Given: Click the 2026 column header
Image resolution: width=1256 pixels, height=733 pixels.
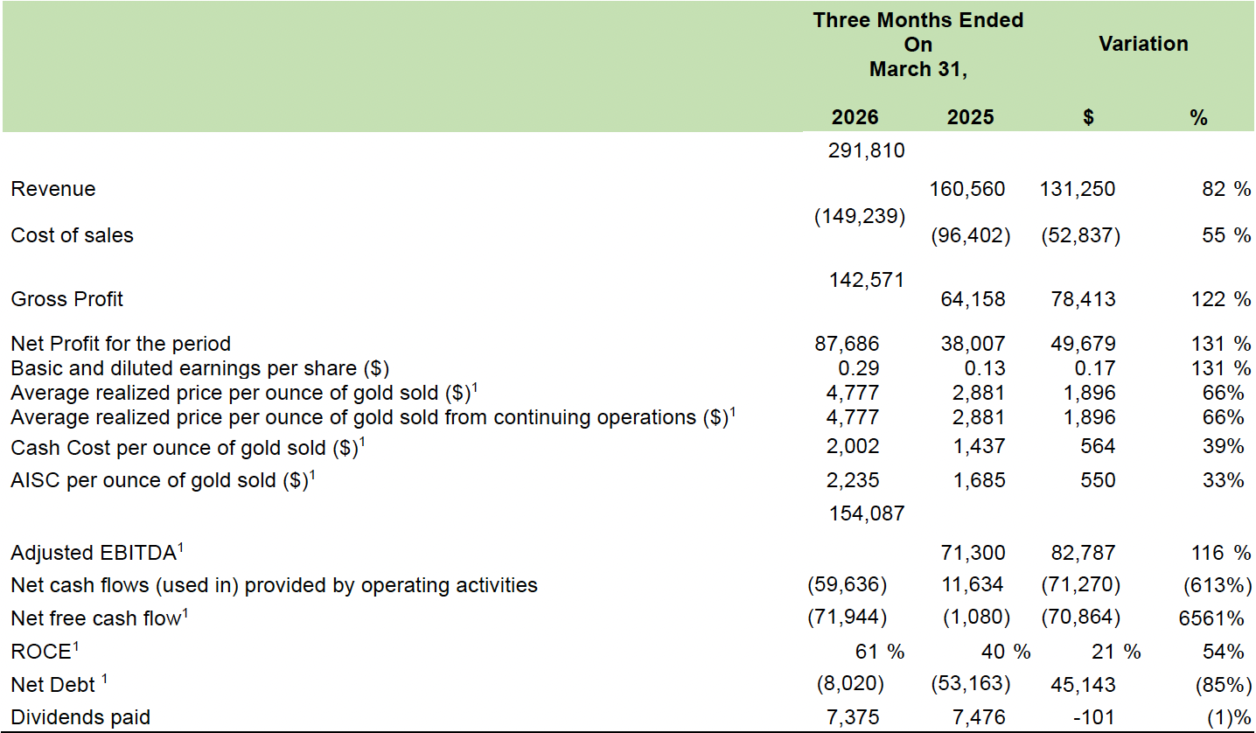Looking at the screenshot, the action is coord(855,117).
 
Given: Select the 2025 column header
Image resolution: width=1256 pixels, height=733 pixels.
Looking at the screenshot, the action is coord(970,117).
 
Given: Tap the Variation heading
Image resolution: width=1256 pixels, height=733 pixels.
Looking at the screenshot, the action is coord(1143,44).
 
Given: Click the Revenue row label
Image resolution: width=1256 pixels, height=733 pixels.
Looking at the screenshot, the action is coord(53,189).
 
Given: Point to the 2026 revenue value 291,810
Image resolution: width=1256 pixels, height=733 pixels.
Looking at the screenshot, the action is coord(866,150).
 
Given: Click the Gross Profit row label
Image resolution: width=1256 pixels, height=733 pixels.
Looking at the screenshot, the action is coord(66,299).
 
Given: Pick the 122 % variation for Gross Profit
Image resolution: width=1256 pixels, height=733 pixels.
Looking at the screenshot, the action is coord(1221,299).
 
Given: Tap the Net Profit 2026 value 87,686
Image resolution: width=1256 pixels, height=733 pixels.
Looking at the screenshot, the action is coord(847,343).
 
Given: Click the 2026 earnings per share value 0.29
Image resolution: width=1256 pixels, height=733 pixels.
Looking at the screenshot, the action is coord(858,368).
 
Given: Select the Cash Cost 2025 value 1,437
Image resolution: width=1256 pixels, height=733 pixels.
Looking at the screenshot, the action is coord(979,446).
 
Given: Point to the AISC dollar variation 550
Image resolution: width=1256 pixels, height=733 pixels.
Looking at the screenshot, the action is coord(1098,480).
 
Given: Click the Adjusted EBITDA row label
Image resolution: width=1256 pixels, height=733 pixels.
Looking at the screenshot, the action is coord(97,553).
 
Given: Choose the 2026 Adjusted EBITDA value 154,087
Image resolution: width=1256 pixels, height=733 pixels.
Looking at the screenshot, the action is coord(866,513).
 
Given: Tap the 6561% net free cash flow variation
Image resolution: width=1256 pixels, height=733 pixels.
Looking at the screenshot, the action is coord(1211,618).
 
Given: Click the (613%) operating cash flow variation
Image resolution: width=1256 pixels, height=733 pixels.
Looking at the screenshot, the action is coord(1218,585).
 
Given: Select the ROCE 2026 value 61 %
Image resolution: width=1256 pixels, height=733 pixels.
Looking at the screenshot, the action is coord(879,651).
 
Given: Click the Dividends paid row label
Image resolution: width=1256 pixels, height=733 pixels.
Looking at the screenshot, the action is coord(80,717).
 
